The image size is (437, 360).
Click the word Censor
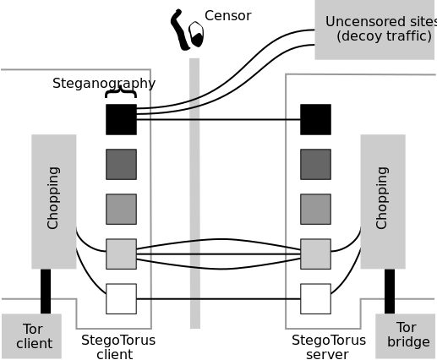227,16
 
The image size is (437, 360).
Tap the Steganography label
104,84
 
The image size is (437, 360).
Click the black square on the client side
121,119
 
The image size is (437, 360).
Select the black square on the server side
315,119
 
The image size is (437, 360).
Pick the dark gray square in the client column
121,165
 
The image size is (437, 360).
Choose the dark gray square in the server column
315,165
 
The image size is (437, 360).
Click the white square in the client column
121,299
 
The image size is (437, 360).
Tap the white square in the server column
315,299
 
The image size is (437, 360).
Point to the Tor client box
31,336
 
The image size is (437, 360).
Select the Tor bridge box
405,336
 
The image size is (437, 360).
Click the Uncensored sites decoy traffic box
374,30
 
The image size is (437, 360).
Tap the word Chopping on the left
53,198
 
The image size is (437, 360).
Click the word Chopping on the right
382,198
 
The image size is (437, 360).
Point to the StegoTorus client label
118,347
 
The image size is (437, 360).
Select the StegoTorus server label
329,347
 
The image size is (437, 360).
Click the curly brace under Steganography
121,92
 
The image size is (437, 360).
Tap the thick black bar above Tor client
46,292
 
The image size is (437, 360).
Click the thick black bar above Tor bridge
390,292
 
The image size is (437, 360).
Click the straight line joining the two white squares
218,299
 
